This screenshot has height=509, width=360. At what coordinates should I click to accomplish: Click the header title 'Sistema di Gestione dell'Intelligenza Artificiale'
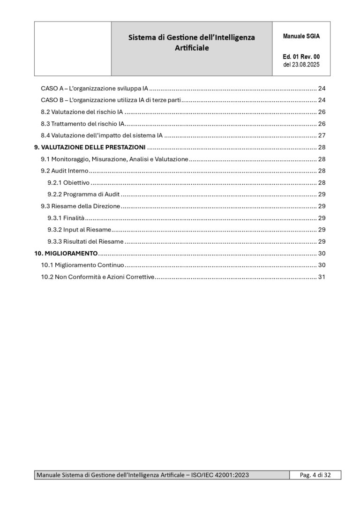point(192,43)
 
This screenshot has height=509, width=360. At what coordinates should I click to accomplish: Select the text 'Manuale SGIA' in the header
point(301,36)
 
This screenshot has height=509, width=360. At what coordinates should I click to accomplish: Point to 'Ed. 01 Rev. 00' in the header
point(301,57)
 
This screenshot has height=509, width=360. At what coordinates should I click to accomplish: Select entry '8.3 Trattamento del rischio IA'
point(82,124)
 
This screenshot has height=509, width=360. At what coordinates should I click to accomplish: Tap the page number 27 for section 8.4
point(322,135)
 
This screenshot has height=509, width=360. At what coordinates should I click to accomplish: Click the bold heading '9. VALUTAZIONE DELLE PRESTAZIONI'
point(90,147)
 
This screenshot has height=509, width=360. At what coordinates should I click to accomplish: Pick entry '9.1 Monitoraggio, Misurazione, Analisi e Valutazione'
point(114,159)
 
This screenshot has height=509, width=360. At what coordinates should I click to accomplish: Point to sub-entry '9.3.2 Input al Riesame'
point(79,230)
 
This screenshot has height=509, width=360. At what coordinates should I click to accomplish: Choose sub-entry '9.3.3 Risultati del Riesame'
point(85,241)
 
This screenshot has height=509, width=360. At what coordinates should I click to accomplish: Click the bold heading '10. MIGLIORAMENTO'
point(66,253)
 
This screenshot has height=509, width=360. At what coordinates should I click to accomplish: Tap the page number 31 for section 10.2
point(322,277)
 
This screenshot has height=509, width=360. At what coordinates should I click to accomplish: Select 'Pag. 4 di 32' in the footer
point(315,475)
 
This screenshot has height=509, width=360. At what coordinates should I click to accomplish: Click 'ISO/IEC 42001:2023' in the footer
point(220,475)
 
